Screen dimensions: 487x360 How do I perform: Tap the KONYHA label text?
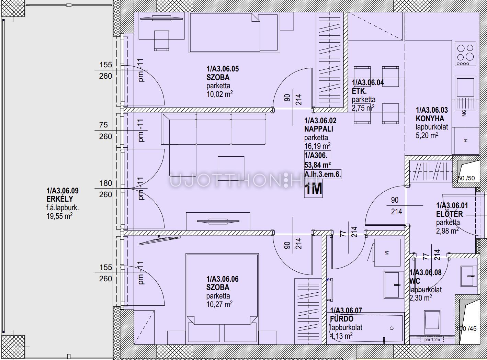pyautogui.click(x=430, y=119)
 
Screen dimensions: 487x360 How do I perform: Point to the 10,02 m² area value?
pyautogui.click(x=219, y=94)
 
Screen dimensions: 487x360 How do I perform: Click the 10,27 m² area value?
pyautogui.click(x=219, y=304)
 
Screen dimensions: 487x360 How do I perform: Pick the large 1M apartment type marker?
pyautogui.click(x=314, y=189)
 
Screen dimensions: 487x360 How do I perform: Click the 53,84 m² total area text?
pyautogui.click(x=317, y=165)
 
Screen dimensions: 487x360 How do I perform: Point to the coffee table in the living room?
pyautogui.click(x=231, y=168)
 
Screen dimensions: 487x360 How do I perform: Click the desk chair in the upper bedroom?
pyautogui.click(x=162, y=41)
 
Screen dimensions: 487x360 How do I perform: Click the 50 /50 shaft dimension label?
pyautogui.click(x=466, y=178)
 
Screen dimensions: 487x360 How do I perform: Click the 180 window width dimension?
pyautogui.click(x=106, y=183)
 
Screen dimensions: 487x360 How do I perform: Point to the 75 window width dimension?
pyautogui.click(x=103, y=125)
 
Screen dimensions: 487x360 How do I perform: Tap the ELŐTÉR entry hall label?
pyautogui.click(x=450, y=214)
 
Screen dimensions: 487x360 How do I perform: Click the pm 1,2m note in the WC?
pyautogui.click(x=432, y=340)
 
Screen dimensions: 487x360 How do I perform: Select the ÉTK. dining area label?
pyautogui.click(x=359, y=91)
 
